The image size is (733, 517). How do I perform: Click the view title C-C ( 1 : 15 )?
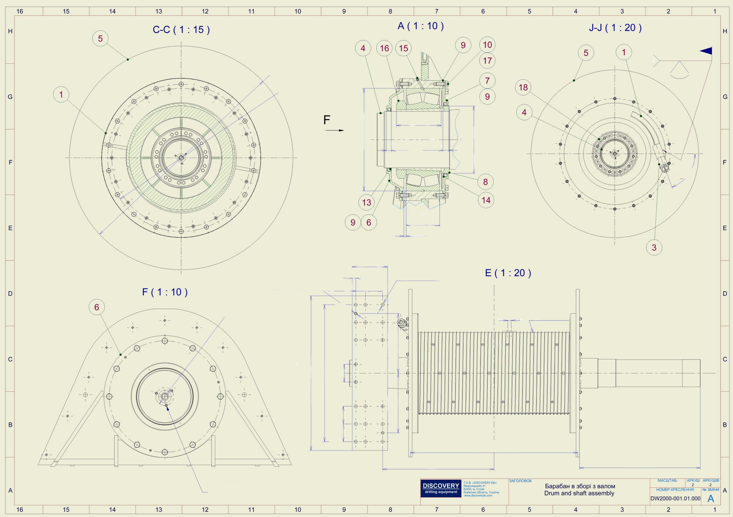point(181,30)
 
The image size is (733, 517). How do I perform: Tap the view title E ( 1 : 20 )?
point(508,273)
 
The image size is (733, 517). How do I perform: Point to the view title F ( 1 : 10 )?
point(165,292)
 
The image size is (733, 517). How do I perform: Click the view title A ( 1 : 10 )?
point(420,26)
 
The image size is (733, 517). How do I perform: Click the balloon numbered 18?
point(523,87)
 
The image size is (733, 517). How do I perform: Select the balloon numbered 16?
point(384,48)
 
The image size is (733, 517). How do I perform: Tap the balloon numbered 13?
point(366,202)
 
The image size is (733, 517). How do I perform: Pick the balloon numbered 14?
point(486,200)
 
